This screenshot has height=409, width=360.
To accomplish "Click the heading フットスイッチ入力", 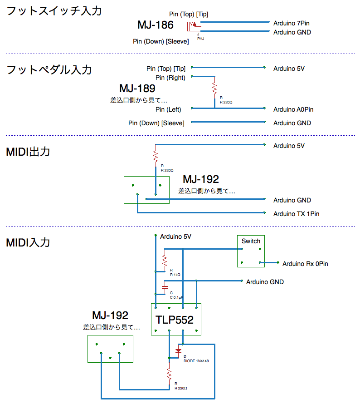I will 54,11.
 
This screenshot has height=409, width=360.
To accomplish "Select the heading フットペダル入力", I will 49,70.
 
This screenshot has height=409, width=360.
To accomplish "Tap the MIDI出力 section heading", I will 28,152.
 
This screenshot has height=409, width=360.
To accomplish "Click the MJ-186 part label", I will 155,25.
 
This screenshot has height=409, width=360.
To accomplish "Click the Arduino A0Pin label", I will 293,109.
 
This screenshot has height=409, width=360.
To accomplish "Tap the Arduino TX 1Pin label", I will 296,214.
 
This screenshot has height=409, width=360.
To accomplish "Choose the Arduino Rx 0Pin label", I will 305,264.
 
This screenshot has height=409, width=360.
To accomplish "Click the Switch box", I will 251,251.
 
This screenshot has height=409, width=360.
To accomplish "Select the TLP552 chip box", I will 176,319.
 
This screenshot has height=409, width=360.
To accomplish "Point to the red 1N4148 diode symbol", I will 179,350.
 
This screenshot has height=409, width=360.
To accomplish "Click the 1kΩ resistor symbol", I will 165,261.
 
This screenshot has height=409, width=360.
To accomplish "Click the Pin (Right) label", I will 170,78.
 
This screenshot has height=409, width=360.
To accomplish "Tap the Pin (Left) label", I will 168,109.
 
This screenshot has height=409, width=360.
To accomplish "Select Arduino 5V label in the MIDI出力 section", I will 289,146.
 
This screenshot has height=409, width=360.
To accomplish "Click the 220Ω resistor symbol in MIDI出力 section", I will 156,156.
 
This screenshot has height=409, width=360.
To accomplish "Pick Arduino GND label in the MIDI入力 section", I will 265,282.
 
